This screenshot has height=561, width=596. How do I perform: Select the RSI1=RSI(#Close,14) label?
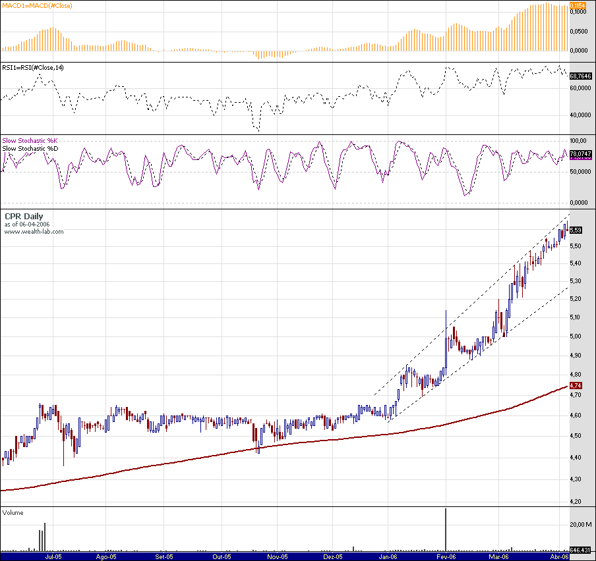pos(33,67)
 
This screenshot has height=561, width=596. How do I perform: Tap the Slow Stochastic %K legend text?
pos(30,140)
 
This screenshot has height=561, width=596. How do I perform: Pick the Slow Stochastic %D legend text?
pos(30,148)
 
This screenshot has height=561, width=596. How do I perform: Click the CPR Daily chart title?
pos(23,216)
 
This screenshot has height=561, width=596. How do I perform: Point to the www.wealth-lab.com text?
pos(34,231)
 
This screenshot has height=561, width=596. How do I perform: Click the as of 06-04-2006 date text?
pos(27,224)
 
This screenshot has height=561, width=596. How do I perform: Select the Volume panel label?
pos(13,512)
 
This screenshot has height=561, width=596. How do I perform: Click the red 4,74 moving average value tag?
pos(576,385)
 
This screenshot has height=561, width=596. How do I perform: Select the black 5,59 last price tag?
pos(576,230)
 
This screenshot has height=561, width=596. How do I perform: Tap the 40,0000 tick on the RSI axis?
pos(580,115)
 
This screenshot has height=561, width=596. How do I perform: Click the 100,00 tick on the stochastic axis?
pos(578,141)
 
